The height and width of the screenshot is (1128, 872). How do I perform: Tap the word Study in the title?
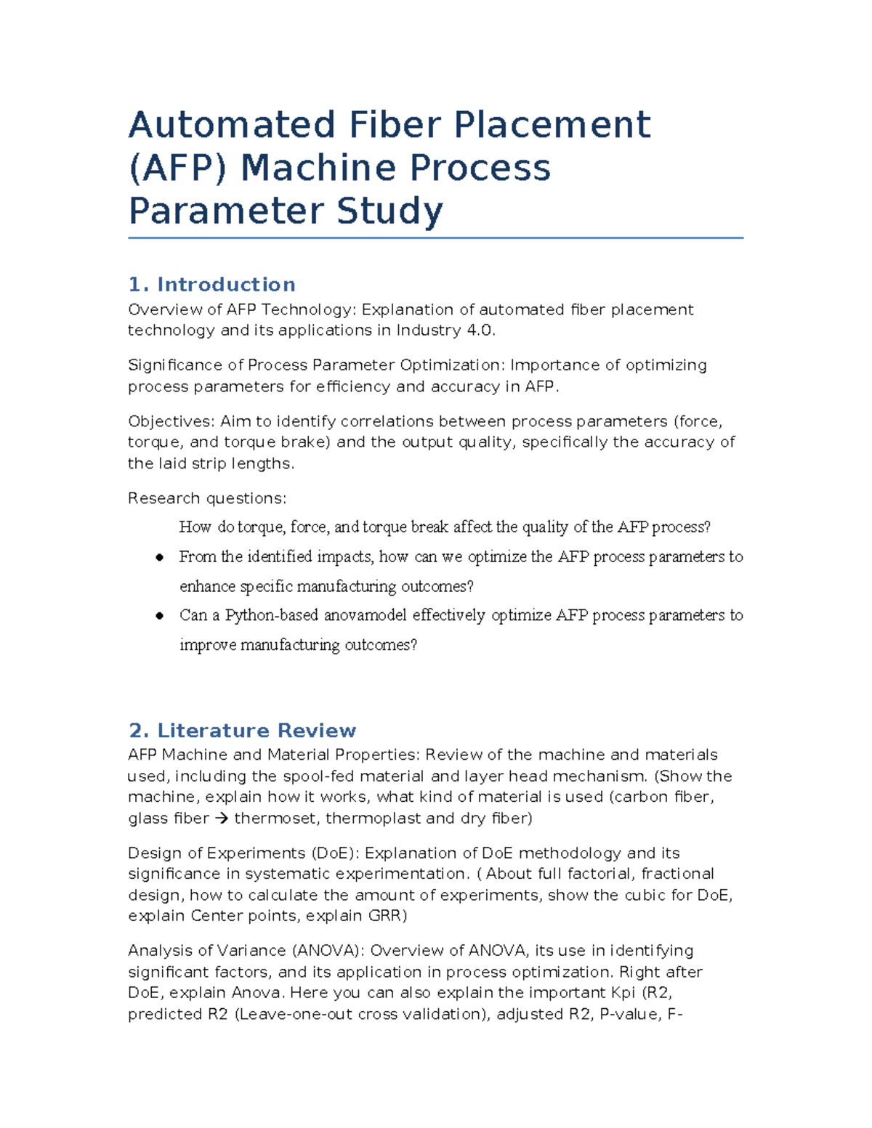coord(389,211)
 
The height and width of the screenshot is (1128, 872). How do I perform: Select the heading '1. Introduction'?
coord(211,284)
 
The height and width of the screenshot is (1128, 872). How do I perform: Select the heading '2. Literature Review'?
coord(242,730)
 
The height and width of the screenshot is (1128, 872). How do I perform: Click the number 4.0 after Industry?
coord(481,330)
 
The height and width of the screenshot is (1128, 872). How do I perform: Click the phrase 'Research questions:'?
coord(207,498)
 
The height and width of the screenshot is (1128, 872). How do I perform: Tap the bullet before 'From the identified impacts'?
coord(159,557)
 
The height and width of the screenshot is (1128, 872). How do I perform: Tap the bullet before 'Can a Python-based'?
coord(159,616)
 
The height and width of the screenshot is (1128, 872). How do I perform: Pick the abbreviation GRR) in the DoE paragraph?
coord(387,916)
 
